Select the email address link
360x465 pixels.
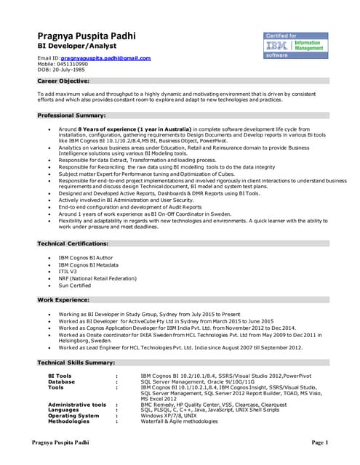[105, 57]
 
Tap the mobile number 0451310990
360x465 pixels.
[73, 64]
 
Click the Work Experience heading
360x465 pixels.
[66, 299]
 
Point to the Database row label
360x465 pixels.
[61, 381]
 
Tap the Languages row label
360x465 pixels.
[63, 410]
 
